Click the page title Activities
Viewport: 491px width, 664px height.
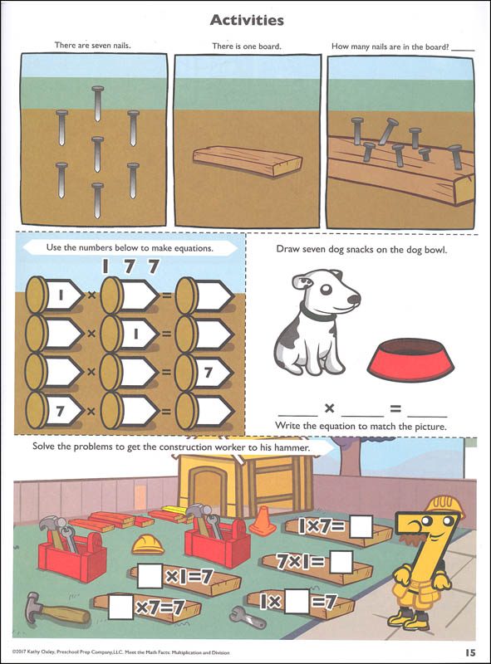click(246, 19)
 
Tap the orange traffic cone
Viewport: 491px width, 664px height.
click(263, 521)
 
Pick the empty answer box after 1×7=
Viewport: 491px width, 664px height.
click(361, 527)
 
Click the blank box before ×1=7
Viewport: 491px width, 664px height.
click(150, 575)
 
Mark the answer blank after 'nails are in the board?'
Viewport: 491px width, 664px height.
click(464, 49)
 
